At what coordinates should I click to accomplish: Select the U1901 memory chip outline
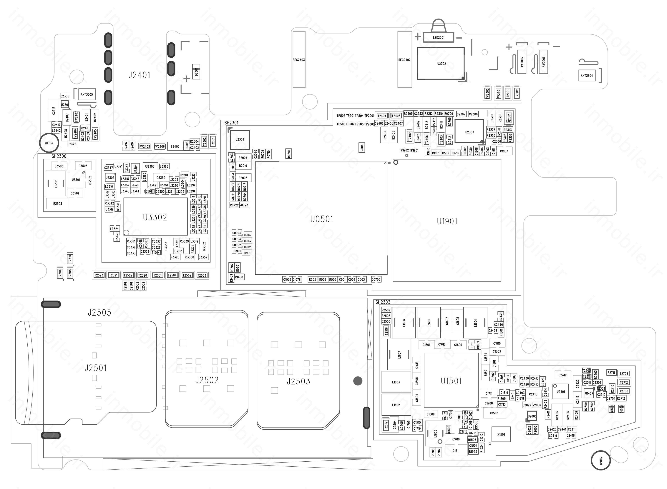click(x=447, y=221)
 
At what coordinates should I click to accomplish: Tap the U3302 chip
click(x=155, y=217)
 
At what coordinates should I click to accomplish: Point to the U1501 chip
click(x=451, y=381)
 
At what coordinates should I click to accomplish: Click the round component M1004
click(x=49, y=143)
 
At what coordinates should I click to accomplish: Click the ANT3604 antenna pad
click(x=587, y=76)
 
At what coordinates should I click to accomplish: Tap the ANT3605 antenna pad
click(x=87, y=94)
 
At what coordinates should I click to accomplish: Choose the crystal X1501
click(x=501, y=434)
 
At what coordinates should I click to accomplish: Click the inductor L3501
click(x=56, y=183)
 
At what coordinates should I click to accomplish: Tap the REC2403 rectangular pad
click(x=299, y=59)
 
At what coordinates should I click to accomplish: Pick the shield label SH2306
click(x=59, y=156)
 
